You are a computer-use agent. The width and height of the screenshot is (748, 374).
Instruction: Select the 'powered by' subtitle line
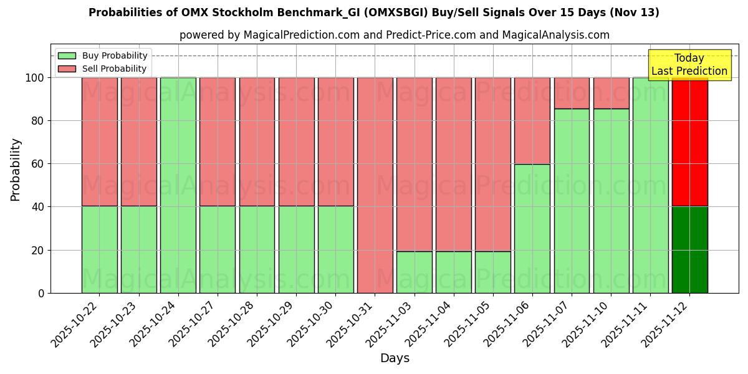[394, 35]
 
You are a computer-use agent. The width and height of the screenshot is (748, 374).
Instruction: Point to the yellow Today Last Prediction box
[689, 65]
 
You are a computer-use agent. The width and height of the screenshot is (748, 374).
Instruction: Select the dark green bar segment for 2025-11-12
[689, 249]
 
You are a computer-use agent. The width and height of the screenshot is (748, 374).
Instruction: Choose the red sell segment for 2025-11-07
[572, 93]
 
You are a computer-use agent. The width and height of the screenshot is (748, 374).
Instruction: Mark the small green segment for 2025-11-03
[414, 272]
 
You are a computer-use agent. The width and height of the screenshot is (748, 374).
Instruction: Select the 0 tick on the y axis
[41, 293]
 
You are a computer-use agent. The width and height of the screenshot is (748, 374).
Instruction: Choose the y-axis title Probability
[16, 170]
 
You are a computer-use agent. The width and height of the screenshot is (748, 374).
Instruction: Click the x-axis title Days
[394, 358]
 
